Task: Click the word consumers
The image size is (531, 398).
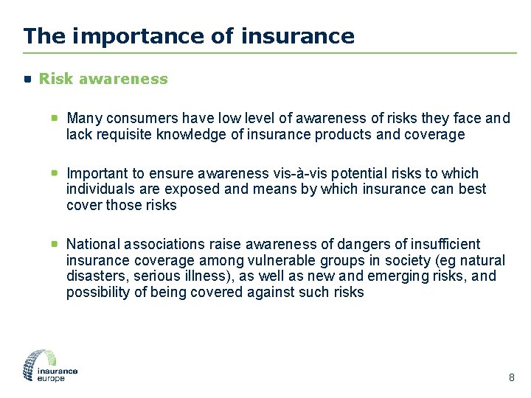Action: click(x=134, y=118)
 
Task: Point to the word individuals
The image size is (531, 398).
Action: click(x=97, y=189)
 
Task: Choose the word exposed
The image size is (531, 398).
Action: click(x=198, y=189)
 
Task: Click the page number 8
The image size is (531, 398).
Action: click(x=512, y=378)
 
